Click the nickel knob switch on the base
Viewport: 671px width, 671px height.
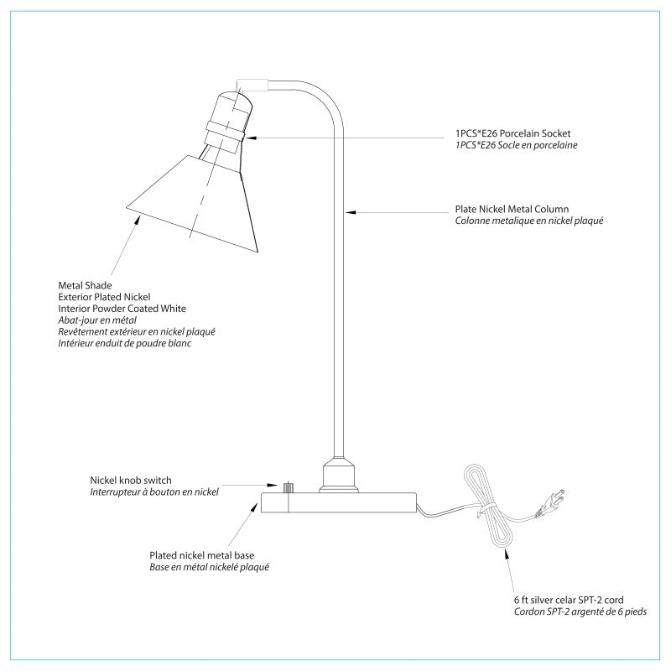(x=289, y=487)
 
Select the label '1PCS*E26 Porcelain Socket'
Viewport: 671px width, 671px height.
(x=512, y=133)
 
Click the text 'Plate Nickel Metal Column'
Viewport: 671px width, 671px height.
(x=512, y=209)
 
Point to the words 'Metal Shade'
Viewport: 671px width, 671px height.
(x=86, y=285)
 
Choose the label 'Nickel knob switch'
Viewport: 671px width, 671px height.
(x=131, y=480)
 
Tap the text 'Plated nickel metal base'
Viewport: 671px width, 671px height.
(x=202, y=555)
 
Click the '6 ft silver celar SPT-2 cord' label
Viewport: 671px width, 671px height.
(x=569, y=600)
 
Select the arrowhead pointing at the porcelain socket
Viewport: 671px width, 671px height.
(x=251, y=138)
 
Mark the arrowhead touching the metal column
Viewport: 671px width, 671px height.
(x=351, y=212)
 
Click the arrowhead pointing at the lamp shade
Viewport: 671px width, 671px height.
(x=138, y=220)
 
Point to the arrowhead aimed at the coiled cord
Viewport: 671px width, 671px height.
(x=507, y=554)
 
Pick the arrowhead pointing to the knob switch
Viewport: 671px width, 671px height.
(x=273, y=486)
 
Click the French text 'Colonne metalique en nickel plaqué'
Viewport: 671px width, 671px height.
(x=529, y=221)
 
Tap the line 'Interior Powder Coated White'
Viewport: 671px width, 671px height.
(x=122, y=309)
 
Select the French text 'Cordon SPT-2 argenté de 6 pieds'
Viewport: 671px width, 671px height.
(x=580, y=611)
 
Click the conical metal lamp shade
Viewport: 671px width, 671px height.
(x=193, y=203)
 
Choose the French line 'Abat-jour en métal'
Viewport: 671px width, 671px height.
(x=97, y=320)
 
